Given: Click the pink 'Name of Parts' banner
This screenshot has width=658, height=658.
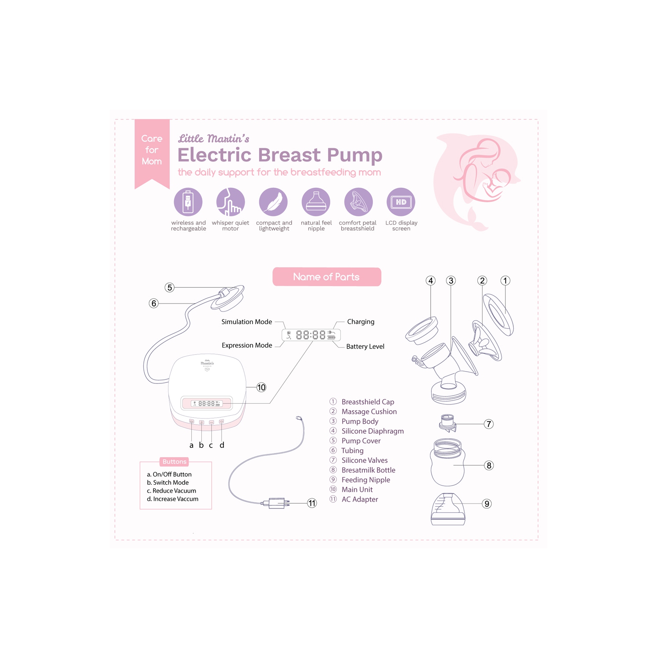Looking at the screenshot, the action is pos(327,277).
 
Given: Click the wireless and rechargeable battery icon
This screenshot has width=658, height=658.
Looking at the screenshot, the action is pos(188,202).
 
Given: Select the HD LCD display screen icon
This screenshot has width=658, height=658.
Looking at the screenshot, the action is pos(401,202).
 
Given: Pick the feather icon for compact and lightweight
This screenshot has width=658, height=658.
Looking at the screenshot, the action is pos(273,202).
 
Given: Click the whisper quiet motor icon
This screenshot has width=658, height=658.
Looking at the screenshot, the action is pos(231,202).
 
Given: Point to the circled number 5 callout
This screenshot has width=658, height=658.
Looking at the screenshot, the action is pos(170,287).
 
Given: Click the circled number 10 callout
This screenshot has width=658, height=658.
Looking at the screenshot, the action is pos(261,387).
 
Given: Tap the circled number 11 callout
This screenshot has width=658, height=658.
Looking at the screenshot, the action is pos(312,503).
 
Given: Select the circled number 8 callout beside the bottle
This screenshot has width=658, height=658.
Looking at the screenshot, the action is pos(489,465).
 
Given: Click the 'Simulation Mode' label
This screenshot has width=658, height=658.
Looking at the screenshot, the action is pos(247,322).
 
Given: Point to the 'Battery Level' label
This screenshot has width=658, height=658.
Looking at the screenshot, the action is pos(365,347).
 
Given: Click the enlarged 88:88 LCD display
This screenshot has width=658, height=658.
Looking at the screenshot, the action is pos(311,335).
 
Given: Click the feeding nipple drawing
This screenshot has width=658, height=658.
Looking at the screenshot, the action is pos(448,509).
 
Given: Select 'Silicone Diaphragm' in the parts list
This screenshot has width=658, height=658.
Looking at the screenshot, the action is pos(372,431).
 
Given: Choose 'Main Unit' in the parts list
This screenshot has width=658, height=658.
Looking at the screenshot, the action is pos(357,490).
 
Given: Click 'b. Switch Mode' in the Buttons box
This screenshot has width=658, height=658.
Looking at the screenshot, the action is pos(168,483).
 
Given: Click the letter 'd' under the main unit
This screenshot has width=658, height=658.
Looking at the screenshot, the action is pos(222,445).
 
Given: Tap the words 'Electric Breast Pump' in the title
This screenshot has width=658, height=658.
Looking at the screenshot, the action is pos(280,155).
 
